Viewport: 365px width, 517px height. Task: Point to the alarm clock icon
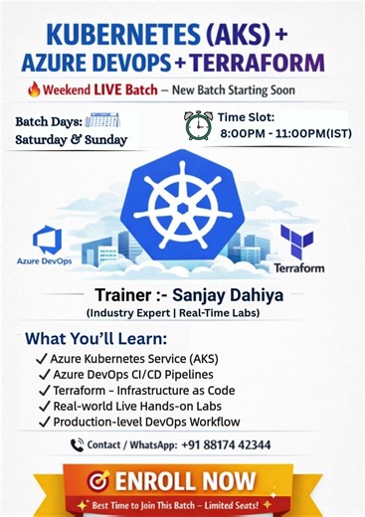(x=199, y=125)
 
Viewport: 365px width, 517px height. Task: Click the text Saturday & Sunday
(x=71, y=140)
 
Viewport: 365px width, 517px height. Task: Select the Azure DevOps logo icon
(x=47, y=240)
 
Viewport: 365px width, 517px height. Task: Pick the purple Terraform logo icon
(x=296, y=242)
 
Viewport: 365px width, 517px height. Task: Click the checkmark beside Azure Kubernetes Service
(x=43, y=359)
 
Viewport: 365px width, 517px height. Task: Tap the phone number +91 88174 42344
(x=223, y=444)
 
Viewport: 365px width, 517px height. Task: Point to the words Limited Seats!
(x=241, y=505)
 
